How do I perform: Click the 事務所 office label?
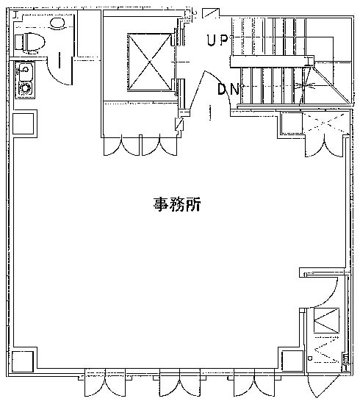177,204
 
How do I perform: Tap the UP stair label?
217,40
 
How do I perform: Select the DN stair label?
228,89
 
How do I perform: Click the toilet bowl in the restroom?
30,43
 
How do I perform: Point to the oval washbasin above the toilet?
57,23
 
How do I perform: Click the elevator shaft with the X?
149,62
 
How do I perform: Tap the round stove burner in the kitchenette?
25,88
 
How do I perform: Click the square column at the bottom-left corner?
23,361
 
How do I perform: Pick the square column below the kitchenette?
24,123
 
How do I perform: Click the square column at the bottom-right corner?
292,361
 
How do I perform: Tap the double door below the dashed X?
325,147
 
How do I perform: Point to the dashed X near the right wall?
326,123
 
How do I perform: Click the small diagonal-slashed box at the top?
211,13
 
